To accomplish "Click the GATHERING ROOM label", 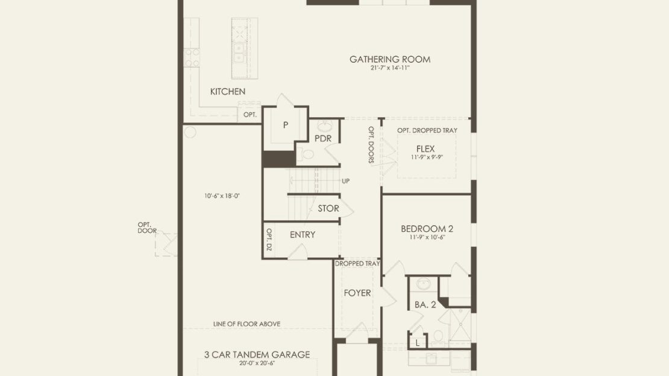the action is (390, 59).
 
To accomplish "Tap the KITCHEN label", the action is (228, 92).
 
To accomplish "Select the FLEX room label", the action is (426, 148).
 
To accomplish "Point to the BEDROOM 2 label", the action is (427, 229).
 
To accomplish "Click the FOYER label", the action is (357, 293).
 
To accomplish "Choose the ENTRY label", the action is (303, 235).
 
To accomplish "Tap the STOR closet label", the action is (328, 208).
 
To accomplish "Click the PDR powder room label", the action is (323, 138).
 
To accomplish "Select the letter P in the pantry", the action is (286, 125).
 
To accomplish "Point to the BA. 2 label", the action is (426, 305).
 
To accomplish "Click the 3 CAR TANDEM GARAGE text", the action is (257, 355).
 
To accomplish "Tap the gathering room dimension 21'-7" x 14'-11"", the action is (390, 68).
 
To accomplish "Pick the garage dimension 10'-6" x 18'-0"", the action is (222, 196).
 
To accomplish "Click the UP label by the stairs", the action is (345, 181).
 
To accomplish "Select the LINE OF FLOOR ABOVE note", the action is (247, 324).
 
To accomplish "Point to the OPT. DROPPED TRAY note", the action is (427, 130).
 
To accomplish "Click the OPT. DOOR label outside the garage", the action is (147, 228).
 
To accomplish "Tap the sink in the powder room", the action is (325, 127).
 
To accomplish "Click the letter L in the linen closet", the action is (417, 343).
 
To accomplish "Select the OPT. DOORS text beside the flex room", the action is (371, 145).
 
